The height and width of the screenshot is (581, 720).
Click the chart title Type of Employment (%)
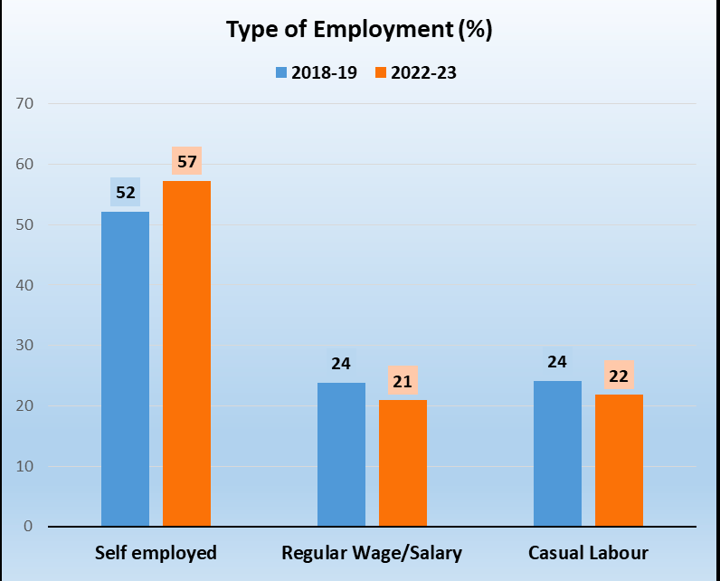click(359, 30)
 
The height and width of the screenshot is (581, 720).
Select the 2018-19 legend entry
click(316, 73)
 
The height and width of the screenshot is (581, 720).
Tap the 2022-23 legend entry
click(415, 73)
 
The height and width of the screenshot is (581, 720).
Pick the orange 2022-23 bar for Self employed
click(186, 353)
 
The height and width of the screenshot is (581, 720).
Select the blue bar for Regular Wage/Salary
click(341, 453)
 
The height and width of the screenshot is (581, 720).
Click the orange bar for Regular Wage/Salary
click(403, 462)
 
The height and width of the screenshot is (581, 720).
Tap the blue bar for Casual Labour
click(557, 452)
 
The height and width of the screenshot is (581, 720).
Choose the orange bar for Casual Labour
click(619, 460)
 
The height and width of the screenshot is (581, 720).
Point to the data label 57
click(186, 162)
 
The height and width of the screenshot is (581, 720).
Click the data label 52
click(125, 192)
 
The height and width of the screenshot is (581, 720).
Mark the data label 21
click(403, 381)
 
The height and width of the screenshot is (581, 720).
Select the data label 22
click(619, 376)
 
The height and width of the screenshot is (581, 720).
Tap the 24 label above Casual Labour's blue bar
click(557, 362)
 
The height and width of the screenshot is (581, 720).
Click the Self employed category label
click(156, 552)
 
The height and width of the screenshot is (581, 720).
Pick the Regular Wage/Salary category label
click(372, 552)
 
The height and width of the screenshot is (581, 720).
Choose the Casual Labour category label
click(588, 552)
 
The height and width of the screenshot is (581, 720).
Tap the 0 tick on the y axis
click(29, 527)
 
